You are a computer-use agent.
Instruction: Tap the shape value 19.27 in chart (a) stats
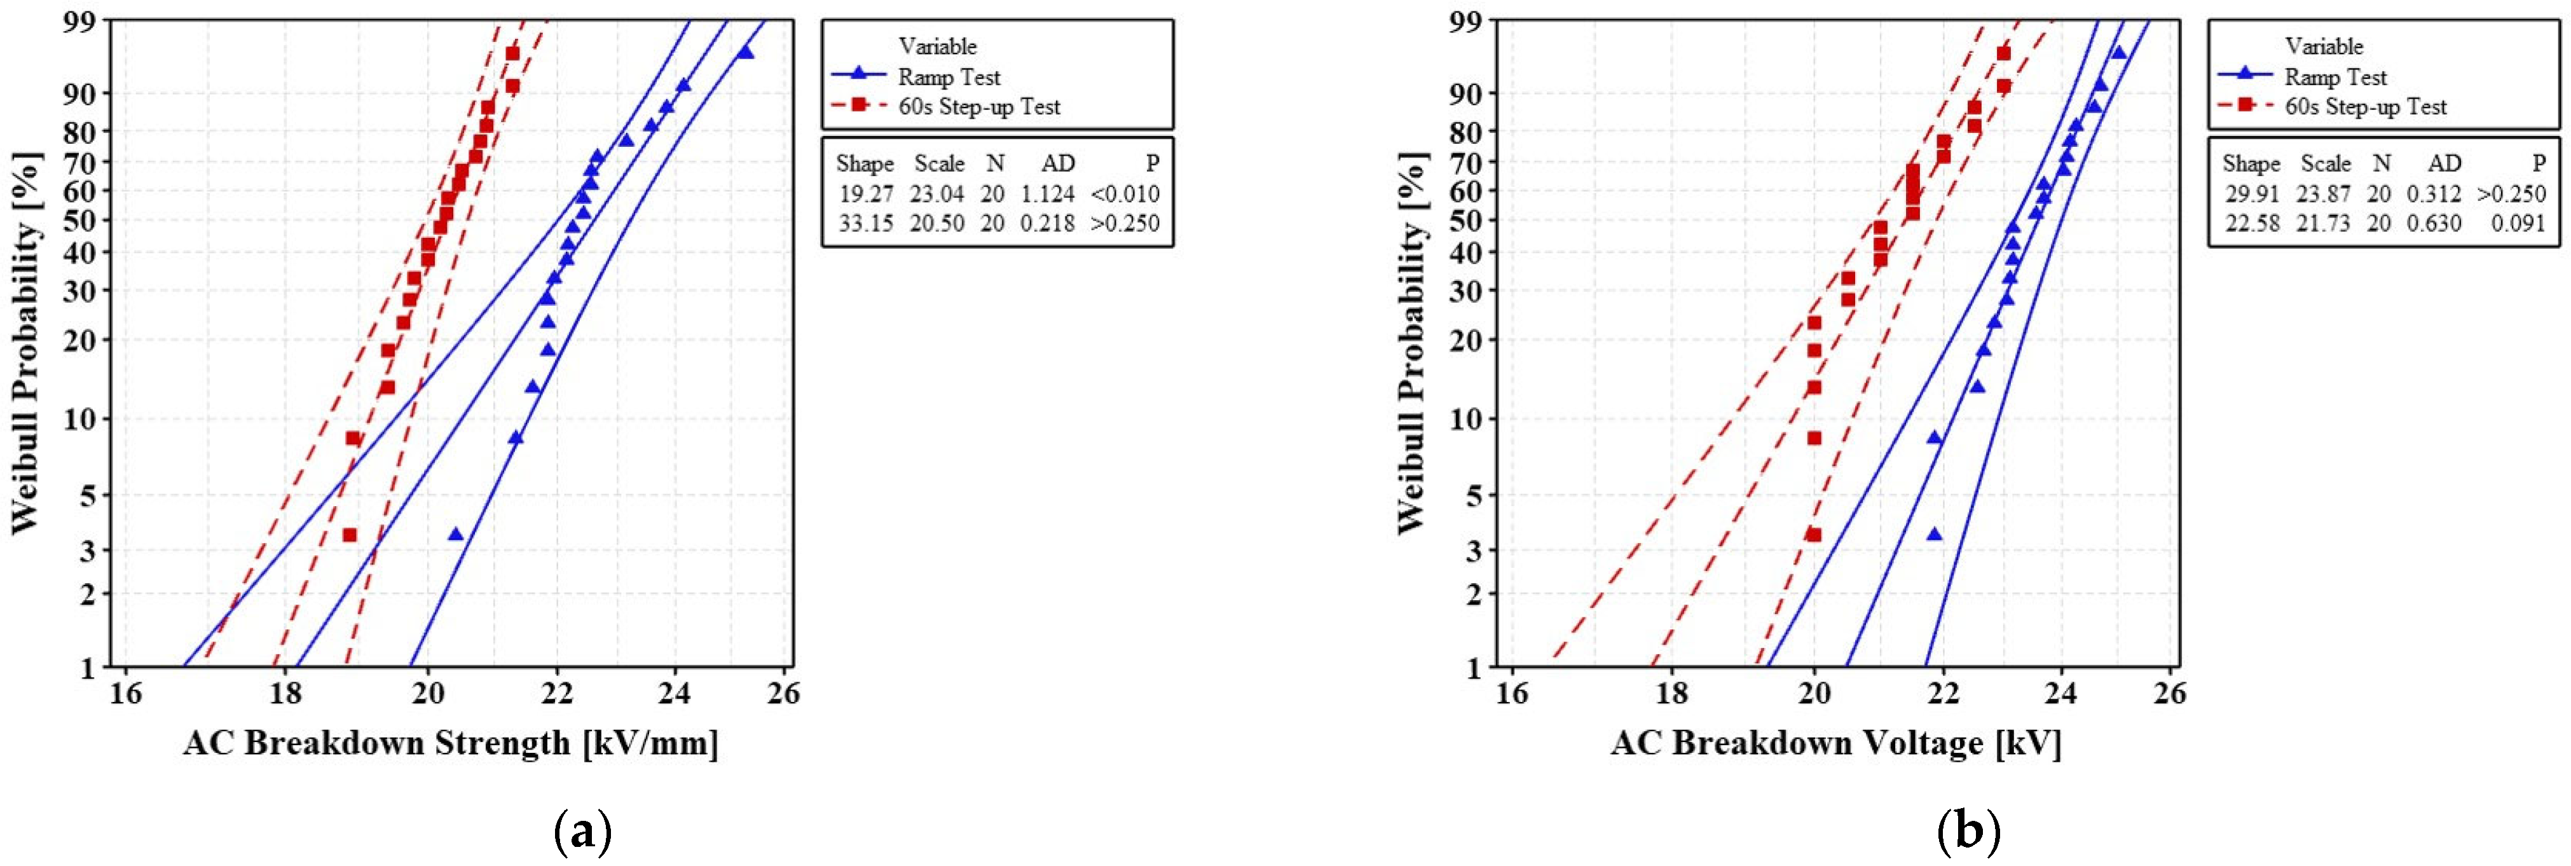click(x=865, y=193)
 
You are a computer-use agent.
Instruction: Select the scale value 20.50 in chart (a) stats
click(x=936, y=223)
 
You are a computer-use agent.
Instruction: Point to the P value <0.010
click(x=1125, y=193)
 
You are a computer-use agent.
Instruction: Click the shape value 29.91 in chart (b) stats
click(x=2252, y=193)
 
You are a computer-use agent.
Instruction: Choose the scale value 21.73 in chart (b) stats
click(x=2324, y=223)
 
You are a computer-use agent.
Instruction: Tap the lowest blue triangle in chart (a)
click(x=456, y=535)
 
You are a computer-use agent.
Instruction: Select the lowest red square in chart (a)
click(x=349, y=535)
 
